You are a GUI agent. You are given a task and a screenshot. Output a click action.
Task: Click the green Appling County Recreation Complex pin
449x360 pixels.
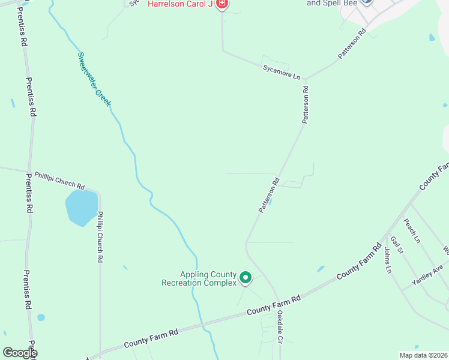pyautogui.click(x=245, y=277)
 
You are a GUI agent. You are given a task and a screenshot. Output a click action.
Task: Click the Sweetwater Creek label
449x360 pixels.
pyautogui.click(x=94, y=79)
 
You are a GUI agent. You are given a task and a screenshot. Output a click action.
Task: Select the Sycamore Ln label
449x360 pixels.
pyautogui.click(x=281, y=71)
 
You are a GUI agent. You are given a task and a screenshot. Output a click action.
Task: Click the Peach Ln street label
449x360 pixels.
pyautogui.click(x=412, y=230)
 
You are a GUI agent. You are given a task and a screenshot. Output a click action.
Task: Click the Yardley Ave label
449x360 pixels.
pyautogui.click(x=427, y=275)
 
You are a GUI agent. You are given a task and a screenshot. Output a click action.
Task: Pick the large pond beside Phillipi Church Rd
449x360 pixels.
pyautogui.click(x=81, y=208)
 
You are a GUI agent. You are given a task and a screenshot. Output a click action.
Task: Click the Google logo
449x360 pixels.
pyautogui.click(x=20, y=353)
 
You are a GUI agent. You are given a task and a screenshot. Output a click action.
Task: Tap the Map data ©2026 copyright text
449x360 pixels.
pyautogui.click(x=423, y=355)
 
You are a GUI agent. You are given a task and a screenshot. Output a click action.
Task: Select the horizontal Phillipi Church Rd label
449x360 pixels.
pyautogui.click(x=59, y=179)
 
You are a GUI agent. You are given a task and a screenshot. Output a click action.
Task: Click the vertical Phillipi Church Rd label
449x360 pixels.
pyautogui.click(x=101, y=236)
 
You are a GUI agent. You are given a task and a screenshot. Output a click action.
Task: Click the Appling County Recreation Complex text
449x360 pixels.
pyautogui.click(x=199, y=278)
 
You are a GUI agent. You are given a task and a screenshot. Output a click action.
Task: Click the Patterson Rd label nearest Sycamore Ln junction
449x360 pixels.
pyautogui.click(x=306, y=104)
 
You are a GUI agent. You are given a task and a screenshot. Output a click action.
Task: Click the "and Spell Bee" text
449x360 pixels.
pyautogui.click(x=332, y=3)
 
